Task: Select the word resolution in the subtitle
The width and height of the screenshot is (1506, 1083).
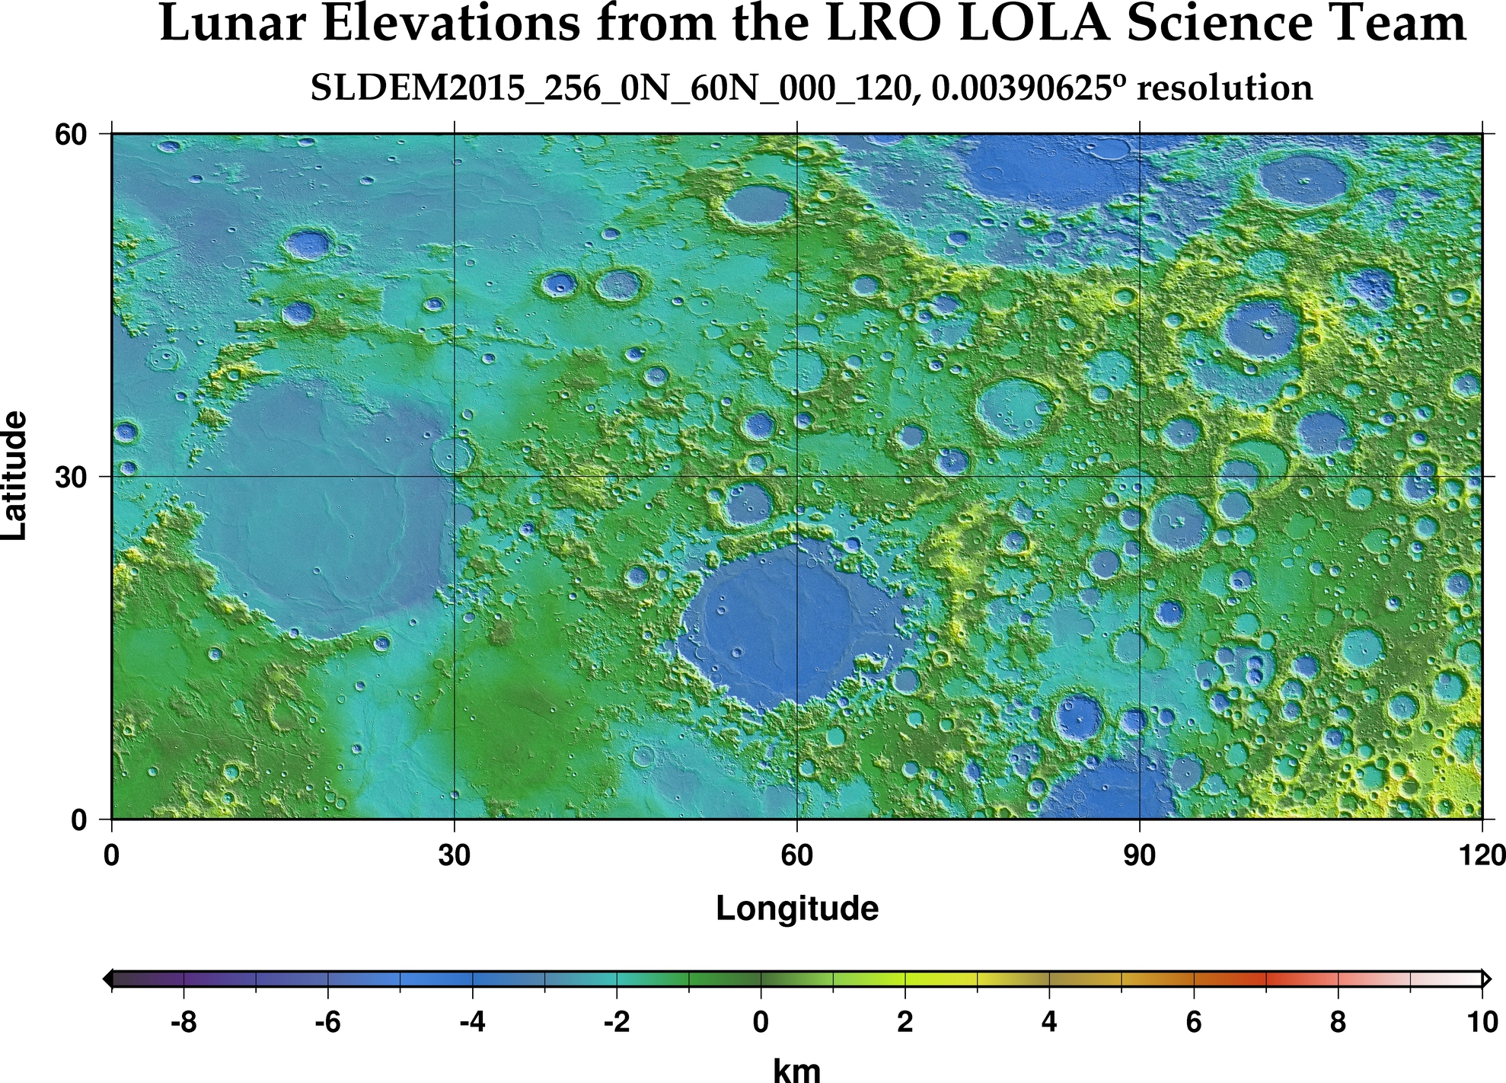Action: click(1224, 89)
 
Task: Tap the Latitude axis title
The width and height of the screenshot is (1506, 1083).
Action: click(15, 476)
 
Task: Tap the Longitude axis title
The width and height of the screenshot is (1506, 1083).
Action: click(797, 909)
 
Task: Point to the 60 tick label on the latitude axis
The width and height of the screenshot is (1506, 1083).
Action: click(70, 134)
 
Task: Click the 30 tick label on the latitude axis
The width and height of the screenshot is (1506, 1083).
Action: click(70, 477)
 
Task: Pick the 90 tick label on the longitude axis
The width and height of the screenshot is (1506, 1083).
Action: click(1139, 856)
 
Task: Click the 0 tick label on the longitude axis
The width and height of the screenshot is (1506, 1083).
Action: click(112, 856)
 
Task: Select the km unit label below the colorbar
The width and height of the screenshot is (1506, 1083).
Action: click(797, 1069)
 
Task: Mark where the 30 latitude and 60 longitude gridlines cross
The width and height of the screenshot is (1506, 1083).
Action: click(797, 477)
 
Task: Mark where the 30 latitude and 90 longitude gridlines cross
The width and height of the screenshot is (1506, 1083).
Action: click(1139, 477)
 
